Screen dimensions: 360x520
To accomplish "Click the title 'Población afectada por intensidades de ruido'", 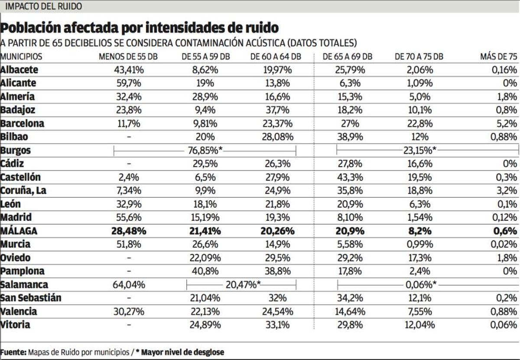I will click(x=139, y=28).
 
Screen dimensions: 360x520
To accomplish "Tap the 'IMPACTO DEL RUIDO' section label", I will click(x=43, y=7).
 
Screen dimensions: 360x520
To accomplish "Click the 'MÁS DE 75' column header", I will click(x=498, y=57).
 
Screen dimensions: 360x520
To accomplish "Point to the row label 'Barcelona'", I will click(x=23, y=124).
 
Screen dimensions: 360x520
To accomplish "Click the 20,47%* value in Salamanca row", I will click(x=243, y=285).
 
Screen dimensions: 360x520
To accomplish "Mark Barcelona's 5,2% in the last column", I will click(x=507, y=124).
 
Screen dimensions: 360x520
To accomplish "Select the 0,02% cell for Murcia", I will click(x=504, y=245).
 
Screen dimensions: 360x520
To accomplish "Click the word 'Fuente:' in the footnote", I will click(x=13, y=352).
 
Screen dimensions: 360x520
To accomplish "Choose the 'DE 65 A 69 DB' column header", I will click(x=347, y=57).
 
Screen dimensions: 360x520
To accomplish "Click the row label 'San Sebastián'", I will click(x=31, y=298).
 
